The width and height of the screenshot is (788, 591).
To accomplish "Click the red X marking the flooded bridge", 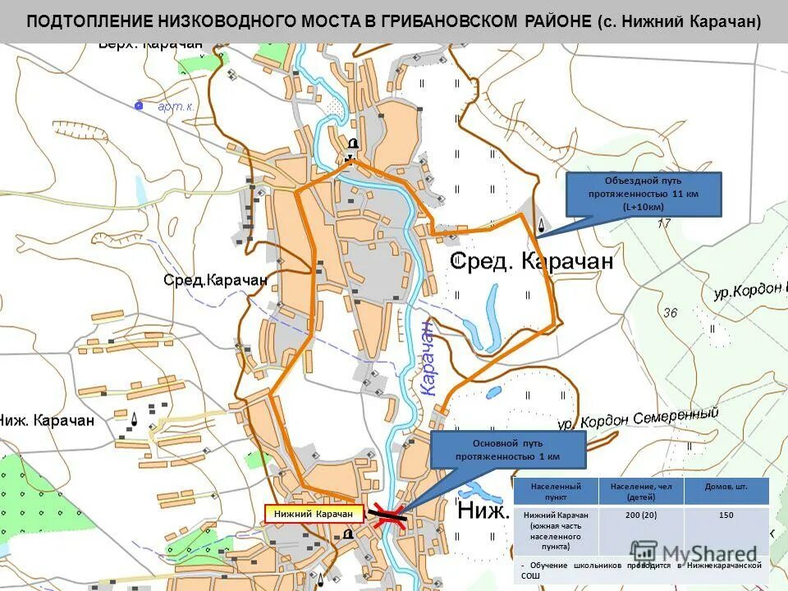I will pyautogui.click(x=389, y=515).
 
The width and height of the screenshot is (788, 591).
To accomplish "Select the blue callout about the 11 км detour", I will pyautogui.click(x=643, y=194).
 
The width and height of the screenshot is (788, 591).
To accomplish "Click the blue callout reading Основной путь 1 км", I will pyautogui.click(x=507, y=449).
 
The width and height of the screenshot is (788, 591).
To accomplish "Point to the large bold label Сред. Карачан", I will pyautogui.click(x=531, y=261).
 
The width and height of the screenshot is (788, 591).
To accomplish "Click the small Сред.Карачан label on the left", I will pyautogui.click(x=215, y=280).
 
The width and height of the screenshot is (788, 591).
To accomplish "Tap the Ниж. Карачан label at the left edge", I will pyautogui.click(x=47, y=420).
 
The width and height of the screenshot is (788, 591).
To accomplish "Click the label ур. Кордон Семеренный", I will pyautogui.click(x=639, y=418).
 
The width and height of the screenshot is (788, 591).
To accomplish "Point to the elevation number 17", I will pyautogui.click(x=663, y=222).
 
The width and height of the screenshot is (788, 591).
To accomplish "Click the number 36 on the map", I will pyautogui.click(x=671, y=313).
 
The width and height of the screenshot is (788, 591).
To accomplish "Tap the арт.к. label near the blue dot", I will pyautogui.click(x=176, y=106).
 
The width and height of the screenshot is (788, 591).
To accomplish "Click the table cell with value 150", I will pyautogui.click(x=726, y=515).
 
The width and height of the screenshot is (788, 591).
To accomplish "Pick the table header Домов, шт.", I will pyautogui.click(x=726, y=487).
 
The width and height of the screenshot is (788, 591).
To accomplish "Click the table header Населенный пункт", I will pyautogui.click(x=555, y=492).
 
